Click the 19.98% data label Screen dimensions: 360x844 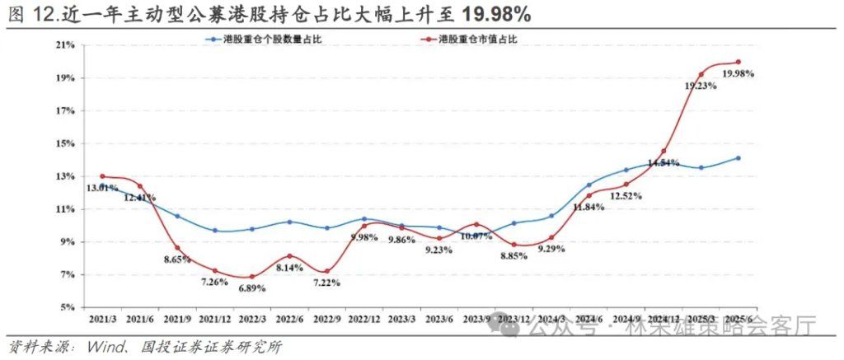pyautogui.click(x=738, y=73)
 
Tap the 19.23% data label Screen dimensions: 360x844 pyautogui.click(x=701, y=85)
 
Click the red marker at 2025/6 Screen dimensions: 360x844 pyautogui.click(x=738, y=62)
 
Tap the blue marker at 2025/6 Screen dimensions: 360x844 pyautogui.click(x=738, y=158)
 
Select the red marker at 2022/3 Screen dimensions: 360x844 pyautogui.click(x=252, y=277)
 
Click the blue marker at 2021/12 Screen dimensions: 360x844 pyautogui.click(x=215, y=231)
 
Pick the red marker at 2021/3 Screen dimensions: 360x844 pyautogui.click(x=102, y=175)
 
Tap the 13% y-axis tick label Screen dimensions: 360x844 pyautogui.click(x=66, y=176)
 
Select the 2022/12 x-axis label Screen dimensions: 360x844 pyautogui.click(x=364, y=319)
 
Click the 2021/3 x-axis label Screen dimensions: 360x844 pyautogui.click(x=102, y=319)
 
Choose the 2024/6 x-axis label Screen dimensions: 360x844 pyautogui.click(x=588, y=319)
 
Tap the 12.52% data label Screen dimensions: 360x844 pyautogui.click(x=626, y=196)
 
